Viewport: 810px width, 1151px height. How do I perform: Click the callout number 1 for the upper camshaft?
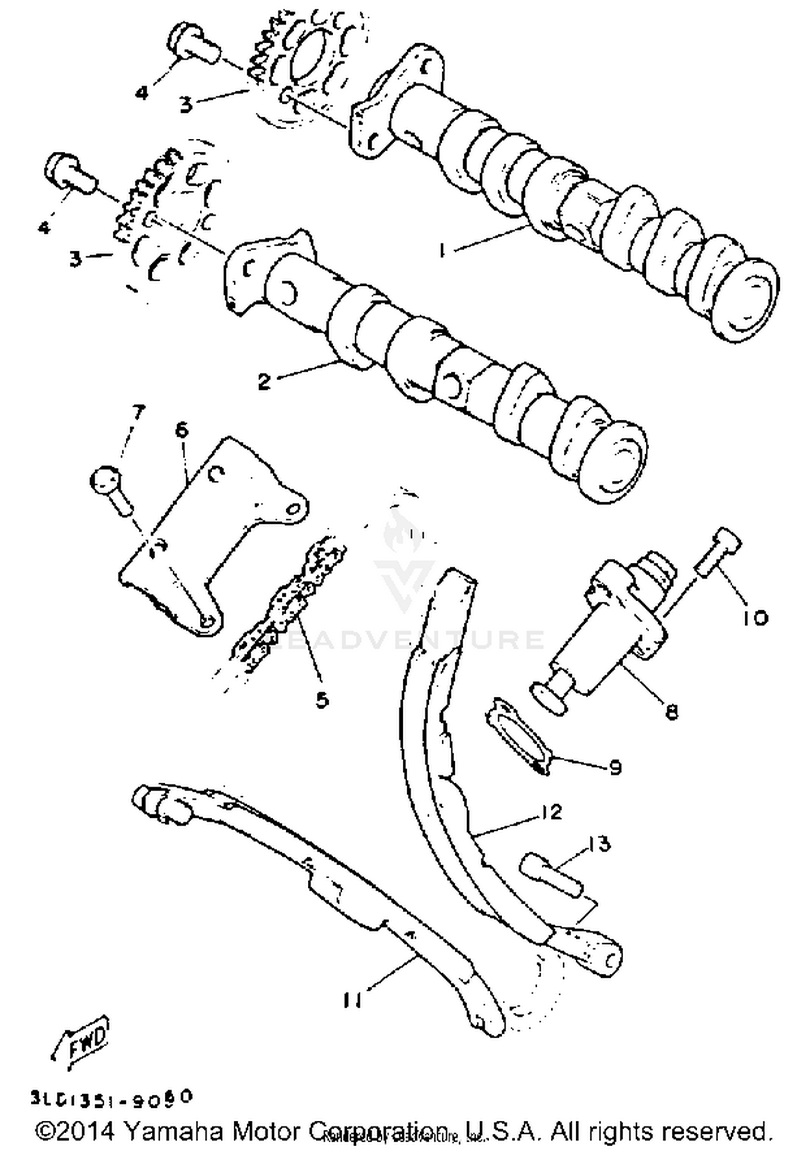(442, 251)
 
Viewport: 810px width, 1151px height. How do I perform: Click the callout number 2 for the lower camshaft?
(264, 382)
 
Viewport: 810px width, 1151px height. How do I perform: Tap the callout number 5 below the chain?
(322, 700)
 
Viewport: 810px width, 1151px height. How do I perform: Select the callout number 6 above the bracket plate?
(182, 430)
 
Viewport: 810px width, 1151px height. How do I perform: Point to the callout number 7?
(138, 413)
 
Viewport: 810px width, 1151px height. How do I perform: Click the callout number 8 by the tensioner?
(671, 712)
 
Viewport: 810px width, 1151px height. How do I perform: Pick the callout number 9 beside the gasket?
(615, 767)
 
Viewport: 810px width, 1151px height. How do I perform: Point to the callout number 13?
(599, 844)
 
